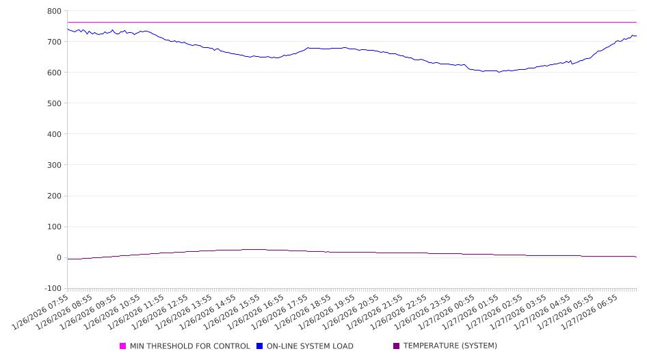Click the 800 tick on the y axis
(54, 11)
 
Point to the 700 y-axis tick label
(54, 42)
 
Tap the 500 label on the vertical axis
(54, 103)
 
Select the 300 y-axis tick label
(54, 165)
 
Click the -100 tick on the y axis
(52, 288)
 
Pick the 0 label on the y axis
(58, 257)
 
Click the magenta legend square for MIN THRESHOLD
(123, 346)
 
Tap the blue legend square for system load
(260, 346)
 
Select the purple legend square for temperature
(397, 346)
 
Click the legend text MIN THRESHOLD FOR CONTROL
(189, 346)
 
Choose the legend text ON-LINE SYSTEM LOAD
(310, 346)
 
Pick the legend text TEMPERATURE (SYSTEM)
(450, 346)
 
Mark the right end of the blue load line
(636, 36)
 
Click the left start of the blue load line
(68, 29)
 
